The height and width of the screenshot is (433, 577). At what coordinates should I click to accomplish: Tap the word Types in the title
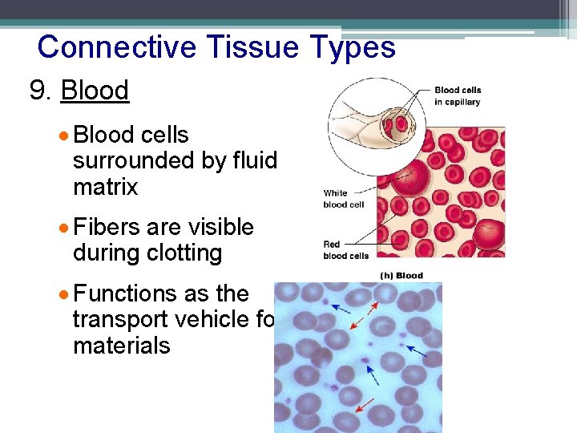coord(355,47)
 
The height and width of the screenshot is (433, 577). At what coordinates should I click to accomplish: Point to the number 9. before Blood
coord(41,91)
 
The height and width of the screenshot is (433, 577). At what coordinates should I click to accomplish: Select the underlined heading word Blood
coord(95,91)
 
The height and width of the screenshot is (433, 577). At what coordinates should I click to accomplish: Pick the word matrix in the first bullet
coord(105,188)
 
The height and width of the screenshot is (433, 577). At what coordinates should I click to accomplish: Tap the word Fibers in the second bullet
coord(107,227)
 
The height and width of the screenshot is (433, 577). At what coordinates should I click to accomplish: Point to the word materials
coord(121,346)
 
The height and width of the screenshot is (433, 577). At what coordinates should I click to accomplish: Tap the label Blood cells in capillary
coord(458,95)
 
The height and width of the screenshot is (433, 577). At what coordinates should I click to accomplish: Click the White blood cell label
coord(344,199)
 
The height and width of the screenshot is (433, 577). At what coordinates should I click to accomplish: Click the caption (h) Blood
coord(401,276)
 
